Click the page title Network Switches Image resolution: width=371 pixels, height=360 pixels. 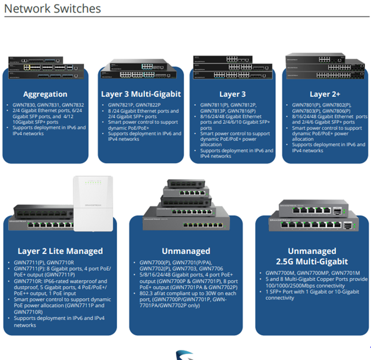point(52,9)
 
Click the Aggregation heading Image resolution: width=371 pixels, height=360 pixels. point(45,94)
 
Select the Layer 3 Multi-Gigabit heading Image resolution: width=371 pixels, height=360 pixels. point(140,94)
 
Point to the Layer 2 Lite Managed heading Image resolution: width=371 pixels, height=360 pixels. point(60,251)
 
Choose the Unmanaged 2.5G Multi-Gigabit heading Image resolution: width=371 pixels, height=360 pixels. point(312,256)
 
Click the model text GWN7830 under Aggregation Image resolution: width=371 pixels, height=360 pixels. point(24,105)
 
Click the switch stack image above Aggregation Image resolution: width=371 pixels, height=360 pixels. point(45,70)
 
